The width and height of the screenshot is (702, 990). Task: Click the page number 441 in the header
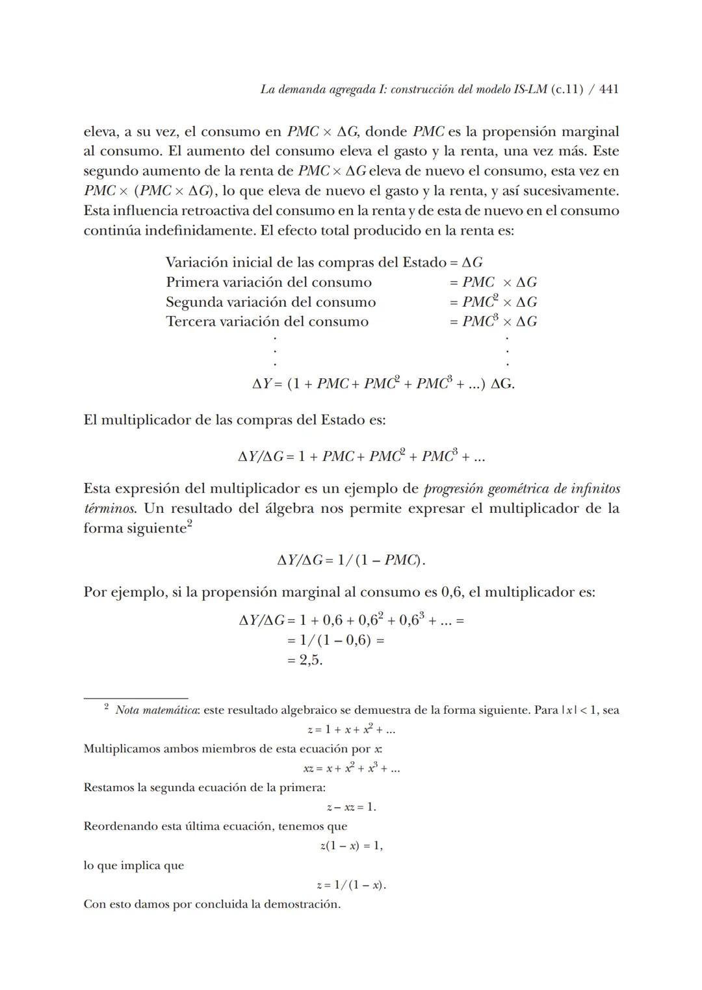pyautogui.click(x=608, y=89)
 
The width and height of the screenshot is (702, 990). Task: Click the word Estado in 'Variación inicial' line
pyautogui.click(x=424, y=263)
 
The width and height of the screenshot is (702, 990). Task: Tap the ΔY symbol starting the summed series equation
pyautogui.click(x=261, y=384)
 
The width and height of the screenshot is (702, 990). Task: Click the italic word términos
pyautogui.click(x=109, y=508)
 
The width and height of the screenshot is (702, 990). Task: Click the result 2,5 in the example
pyautogui.click(x=310, y=660)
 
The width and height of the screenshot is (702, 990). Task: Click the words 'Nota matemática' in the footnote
pyautogui.click(x=157, y=710)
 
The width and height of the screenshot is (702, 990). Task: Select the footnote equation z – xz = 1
pyautogui.click(x=351, y=807)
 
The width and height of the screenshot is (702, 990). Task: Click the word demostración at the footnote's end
pyautogui.click(x=302, y=904)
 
